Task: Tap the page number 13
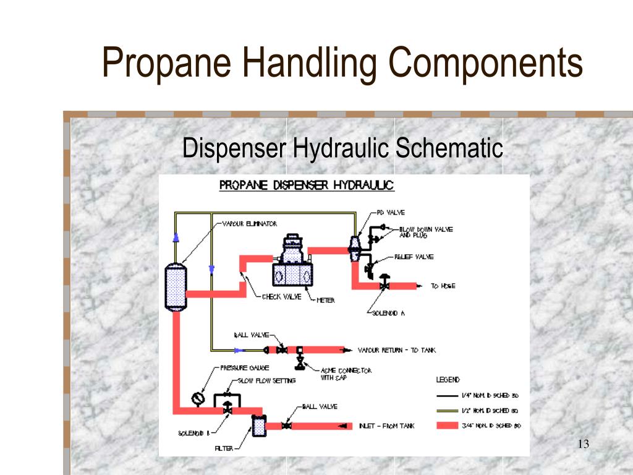583,443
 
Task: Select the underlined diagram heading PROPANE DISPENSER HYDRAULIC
307,186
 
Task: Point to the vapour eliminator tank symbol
176,286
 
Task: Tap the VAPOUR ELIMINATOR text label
249,223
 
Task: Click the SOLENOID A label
388,313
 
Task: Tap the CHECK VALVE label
282,297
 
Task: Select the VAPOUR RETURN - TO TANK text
396,350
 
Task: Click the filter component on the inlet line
257,426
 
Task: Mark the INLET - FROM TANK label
386,426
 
